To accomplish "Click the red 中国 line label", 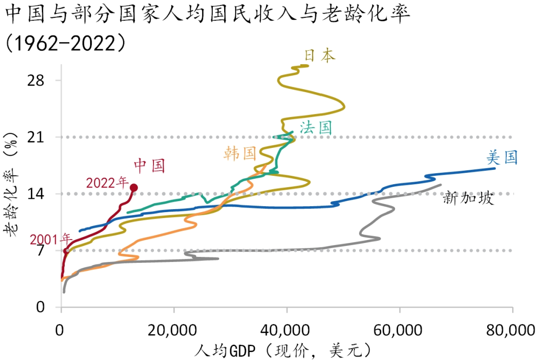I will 149,165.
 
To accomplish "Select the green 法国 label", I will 316,127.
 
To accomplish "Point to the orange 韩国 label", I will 240,153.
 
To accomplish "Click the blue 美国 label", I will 502,158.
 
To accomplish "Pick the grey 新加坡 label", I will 468,199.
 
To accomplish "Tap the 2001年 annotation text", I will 51,240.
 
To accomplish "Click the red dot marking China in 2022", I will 134,188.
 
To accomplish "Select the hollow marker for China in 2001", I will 66,250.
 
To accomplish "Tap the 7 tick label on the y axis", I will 41,250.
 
